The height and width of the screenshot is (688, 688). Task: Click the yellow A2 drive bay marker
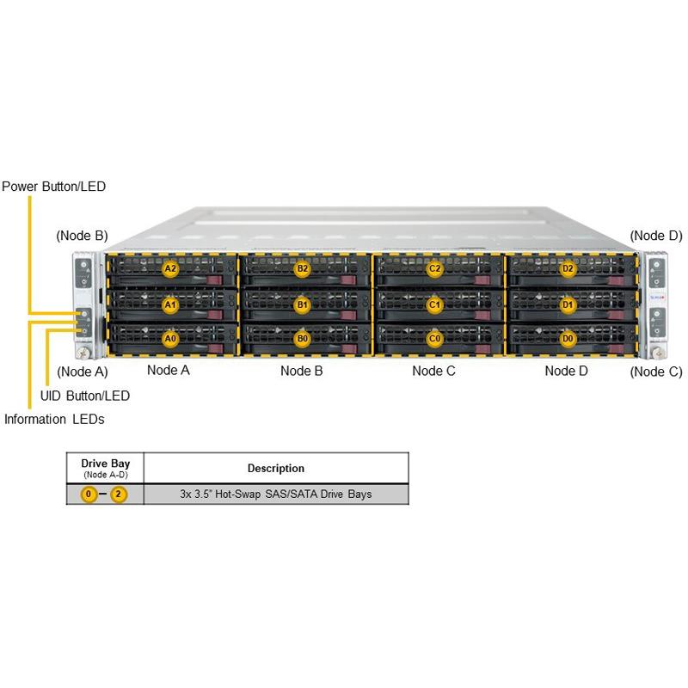tap(170, 268)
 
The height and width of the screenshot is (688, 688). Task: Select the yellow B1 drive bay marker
tap(302, 304)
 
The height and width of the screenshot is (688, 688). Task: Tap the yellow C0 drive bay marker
tap(434, 339)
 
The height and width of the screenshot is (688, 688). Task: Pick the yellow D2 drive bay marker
tap(568, 268)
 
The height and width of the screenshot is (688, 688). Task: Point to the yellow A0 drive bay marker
tap(170, 339)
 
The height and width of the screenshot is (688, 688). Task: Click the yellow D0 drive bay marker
tap(568, 339)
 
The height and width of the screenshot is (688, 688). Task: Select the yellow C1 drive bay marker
tap(434, 304)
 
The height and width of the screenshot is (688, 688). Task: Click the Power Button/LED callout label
tap(53, 186)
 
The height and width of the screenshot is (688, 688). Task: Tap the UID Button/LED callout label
tap(85, 396)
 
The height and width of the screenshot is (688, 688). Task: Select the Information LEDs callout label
tap(55, 420)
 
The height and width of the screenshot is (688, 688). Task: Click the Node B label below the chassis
tap(302, 372)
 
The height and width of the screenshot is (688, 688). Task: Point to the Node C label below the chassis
tap(433, 372)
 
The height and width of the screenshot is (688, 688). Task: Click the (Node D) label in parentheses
tap(656, 236)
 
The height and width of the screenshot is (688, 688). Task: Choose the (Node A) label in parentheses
tap(82, 372)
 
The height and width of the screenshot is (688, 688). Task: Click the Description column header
tap(275, 469)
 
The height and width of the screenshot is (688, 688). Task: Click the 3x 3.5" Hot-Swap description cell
tap(275, 495)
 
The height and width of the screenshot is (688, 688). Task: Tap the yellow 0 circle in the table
tap(89, 496)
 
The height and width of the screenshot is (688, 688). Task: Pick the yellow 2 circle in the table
tap(119, 496)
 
